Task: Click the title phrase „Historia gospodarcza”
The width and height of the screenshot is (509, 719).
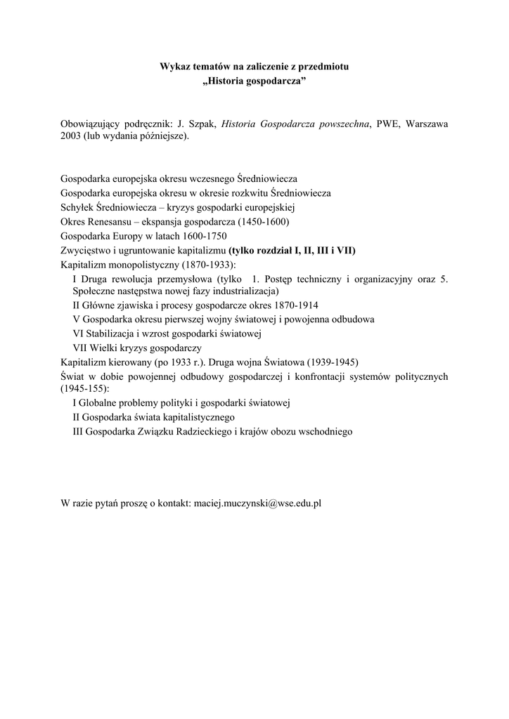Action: (254, 81)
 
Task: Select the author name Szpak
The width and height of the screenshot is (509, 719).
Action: (201, 124)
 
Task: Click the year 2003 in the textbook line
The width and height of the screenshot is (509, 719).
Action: (71, 137)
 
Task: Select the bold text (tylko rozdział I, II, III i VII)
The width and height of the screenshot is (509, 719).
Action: (292, 249)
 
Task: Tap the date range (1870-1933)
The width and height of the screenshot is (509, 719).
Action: (209, 264)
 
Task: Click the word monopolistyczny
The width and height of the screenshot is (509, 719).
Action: (143, 264)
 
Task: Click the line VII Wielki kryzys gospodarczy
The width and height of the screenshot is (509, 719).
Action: (137, 348)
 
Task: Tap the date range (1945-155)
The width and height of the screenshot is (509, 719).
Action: (85, 388)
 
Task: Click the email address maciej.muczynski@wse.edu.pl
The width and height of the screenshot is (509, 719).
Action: (257, 504)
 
